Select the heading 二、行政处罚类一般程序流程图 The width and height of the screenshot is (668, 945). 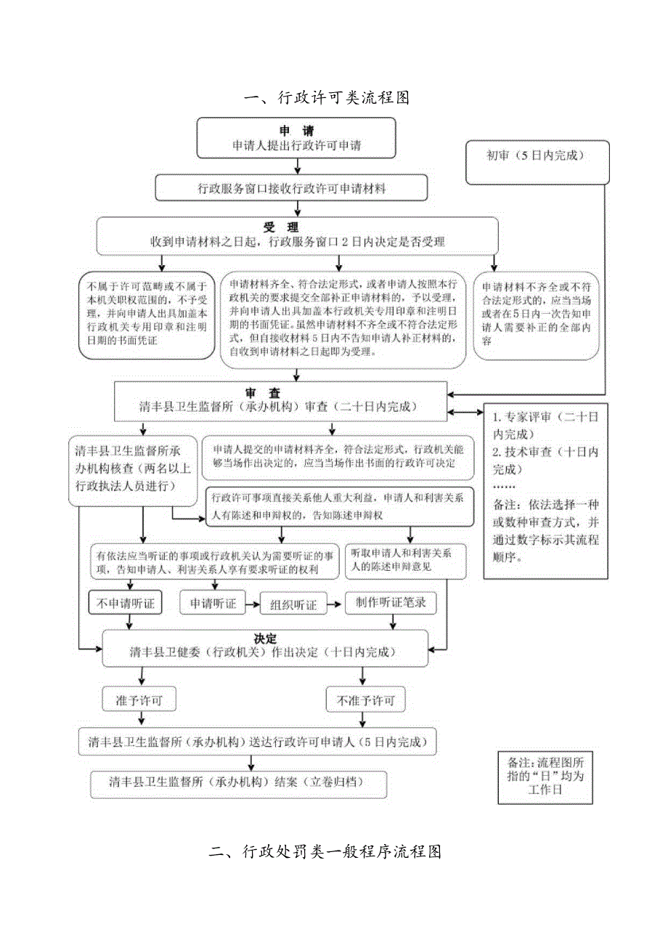325,851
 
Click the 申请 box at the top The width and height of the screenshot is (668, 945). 296,137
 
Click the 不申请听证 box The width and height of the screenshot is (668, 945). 126,603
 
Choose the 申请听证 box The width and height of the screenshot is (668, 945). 213,603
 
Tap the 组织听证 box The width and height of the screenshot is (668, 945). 293,604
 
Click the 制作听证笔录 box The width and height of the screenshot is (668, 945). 391,603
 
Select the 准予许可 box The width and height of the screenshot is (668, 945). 139,700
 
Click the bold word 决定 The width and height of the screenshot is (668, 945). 265,638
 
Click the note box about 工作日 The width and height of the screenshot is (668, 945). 545,776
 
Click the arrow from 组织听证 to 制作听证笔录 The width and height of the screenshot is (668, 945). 335,604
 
